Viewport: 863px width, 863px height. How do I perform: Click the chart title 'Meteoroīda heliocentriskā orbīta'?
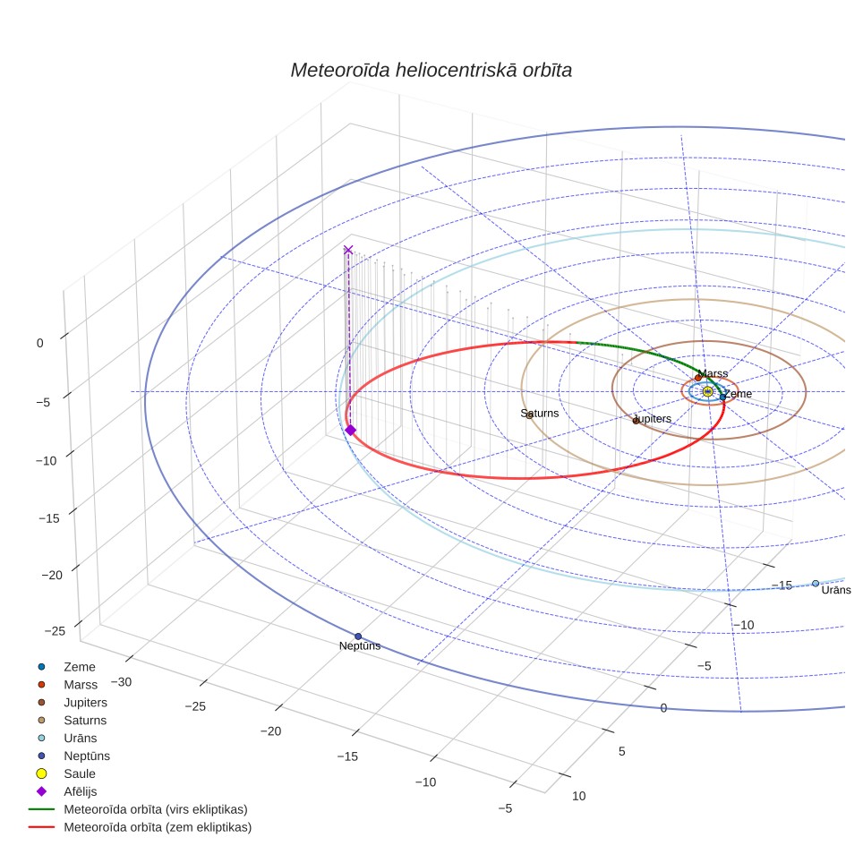click(x=431, y=70)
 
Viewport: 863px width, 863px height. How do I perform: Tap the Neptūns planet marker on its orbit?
click(x=358, y=637)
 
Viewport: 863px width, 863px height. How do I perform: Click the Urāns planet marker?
click(x=816, y=584)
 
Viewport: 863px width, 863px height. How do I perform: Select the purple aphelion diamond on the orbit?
click(x=351, y=430)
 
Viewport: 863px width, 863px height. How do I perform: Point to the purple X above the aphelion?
click(x=348, y=250)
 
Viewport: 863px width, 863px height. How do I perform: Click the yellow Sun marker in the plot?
click(x=708, y=392)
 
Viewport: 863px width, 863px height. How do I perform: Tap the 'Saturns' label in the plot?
click(x=539, y=414)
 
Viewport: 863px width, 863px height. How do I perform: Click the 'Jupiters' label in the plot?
click(x=653, y=419)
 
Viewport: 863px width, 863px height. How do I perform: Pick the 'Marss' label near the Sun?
click(x=713, y=373)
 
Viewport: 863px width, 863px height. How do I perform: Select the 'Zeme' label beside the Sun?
click(x=738, y=394)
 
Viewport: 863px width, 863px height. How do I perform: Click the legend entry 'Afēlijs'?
click(x=81, y=791)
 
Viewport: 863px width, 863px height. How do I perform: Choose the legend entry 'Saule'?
click(x=80, y=773)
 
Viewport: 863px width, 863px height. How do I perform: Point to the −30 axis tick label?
click(x=121, y=682)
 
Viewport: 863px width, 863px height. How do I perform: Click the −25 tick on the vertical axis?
click(x=55, y=631)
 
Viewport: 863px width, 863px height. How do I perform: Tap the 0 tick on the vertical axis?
click(x=39, y=344)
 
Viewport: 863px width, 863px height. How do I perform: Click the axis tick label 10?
click(x=579, y=796)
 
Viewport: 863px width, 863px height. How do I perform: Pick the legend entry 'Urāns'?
click(x=81, y=738)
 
